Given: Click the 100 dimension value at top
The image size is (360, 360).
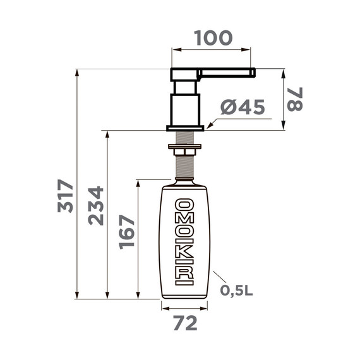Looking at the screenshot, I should pos(212,37).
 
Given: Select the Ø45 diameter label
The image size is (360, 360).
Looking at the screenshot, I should pos(242,108).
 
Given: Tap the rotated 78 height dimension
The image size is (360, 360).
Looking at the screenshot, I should pos(295,99).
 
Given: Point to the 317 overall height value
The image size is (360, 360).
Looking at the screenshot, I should pos(66,196).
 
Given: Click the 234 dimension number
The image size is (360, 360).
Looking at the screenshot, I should pos(95,205).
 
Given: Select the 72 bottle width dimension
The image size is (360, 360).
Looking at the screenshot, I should pos(184,323).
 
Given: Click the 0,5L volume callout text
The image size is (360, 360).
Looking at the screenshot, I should pos(237,291).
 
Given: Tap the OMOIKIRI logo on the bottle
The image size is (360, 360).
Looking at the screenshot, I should pos(184,242).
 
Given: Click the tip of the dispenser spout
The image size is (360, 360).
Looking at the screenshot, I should pos(252,73).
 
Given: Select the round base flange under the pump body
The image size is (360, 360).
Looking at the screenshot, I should pos(185,128).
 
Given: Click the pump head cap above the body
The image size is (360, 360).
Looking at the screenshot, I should pos(185,74).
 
